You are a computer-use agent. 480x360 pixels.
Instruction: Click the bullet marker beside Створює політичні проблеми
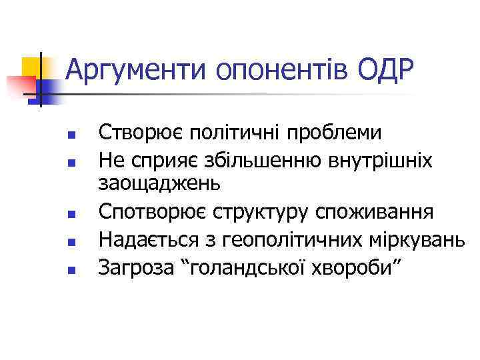[71, 135]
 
